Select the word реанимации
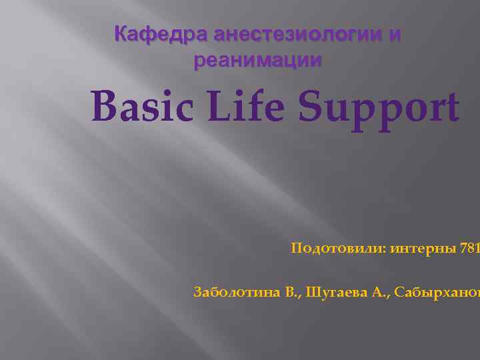point(257,60)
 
